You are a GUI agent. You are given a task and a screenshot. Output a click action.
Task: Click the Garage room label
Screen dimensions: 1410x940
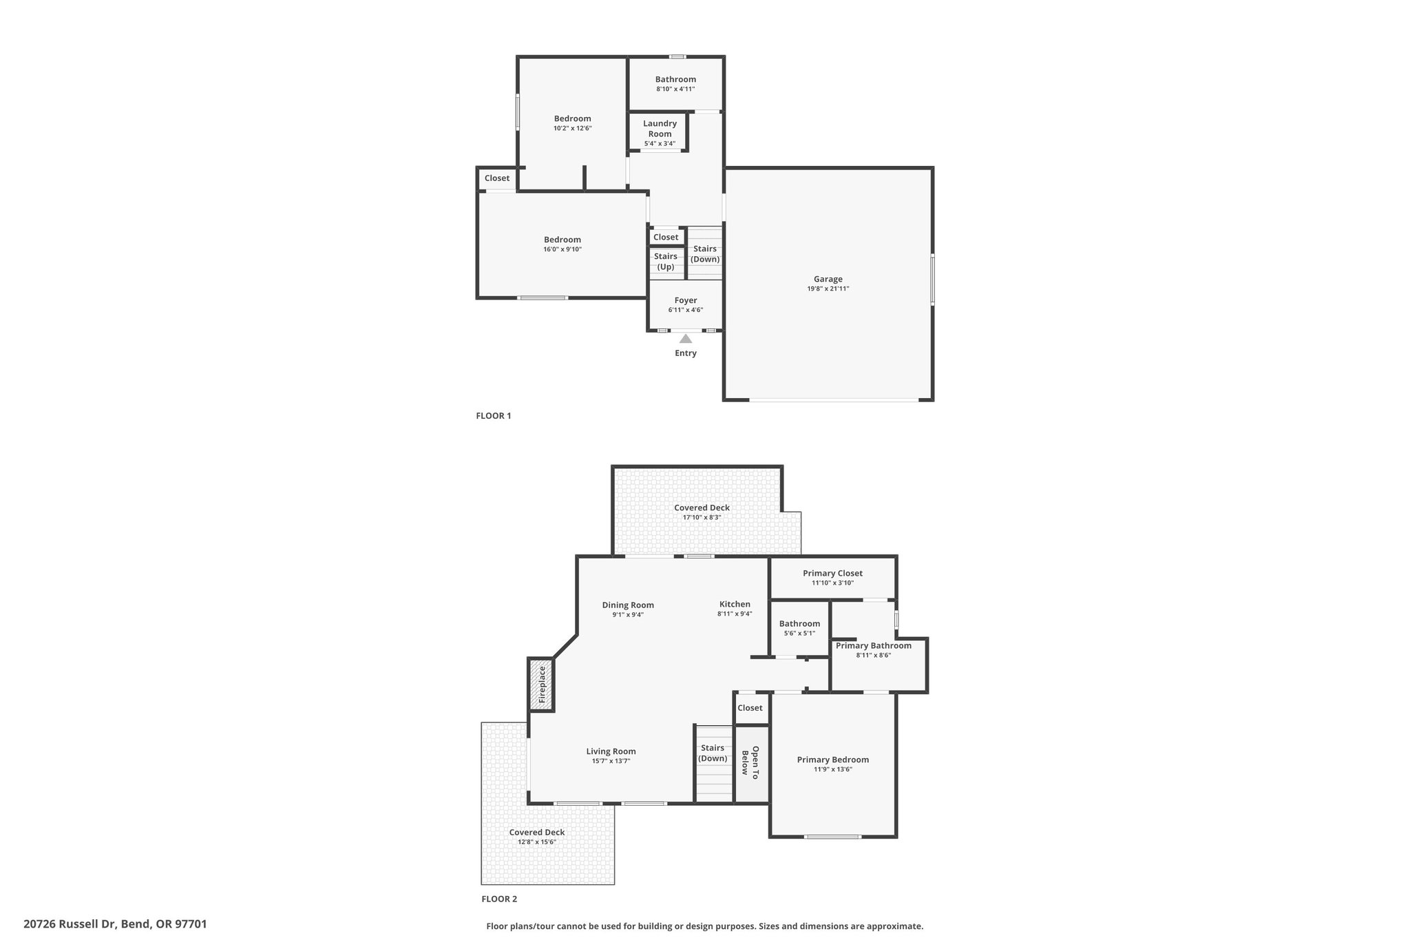(x=828, y=279)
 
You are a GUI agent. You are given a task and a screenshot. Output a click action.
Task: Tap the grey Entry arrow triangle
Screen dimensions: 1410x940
(x=686, y=338)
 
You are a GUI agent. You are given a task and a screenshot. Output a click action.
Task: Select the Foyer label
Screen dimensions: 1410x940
(x=686, y=300)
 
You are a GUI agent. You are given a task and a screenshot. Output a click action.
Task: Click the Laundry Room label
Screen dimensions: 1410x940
(x=660, y=129)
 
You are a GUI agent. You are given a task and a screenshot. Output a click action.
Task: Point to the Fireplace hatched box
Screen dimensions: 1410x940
(x=541, y=685)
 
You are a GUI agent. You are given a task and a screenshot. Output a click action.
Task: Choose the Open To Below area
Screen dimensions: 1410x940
(x=751, y=764)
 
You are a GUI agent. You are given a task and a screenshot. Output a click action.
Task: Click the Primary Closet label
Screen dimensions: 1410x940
(x=832, y=573)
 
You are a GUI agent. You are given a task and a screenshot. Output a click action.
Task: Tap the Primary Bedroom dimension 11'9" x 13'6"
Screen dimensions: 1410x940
(x=833, y=769)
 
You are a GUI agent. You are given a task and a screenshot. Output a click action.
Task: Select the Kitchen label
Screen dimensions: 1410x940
(x=735, y=604)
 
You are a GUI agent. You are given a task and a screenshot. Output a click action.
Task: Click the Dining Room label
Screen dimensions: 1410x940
(x=628, y=605)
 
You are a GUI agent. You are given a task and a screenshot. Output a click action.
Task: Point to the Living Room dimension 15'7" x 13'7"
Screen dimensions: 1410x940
(x=611, y=761)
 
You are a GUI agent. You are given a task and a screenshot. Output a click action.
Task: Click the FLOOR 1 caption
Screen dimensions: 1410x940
(x=494, y=416)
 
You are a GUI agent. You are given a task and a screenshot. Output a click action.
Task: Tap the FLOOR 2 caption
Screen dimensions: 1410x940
(x=499, y=899)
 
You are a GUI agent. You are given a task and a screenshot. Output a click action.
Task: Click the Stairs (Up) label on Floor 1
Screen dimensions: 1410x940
(x=666, y=261)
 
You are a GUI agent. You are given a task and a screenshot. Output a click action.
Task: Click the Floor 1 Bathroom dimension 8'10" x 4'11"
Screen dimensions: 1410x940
(x=675, y=89)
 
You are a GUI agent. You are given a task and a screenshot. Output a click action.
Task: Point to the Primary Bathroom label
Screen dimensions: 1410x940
(x=874, y=645)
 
